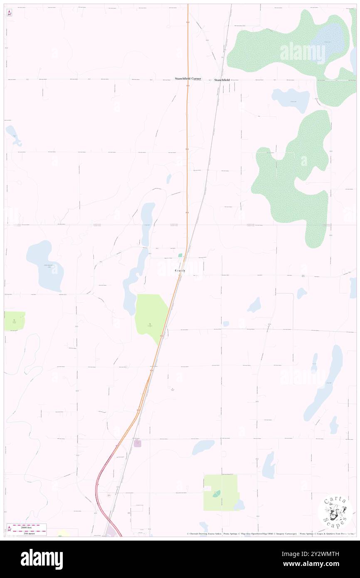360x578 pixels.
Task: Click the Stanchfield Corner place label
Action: point(187,79)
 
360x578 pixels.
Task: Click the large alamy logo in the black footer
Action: point(42,559)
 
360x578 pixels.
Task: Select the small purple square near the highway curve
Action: point(138,444)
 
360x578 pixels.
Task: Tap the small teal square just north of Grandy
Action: point(180,255)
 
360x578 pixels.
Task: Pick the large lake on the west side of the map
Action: point(45,266)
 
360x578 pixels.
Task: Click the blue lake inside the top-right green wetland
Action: point(328,40)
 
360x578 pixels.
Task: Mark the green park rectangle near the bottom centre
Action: point(220,493)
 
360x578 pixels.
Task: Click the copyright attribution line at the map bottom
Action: point(270,534)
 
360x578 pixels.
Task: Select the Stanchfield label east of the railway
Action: point(222,79)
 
